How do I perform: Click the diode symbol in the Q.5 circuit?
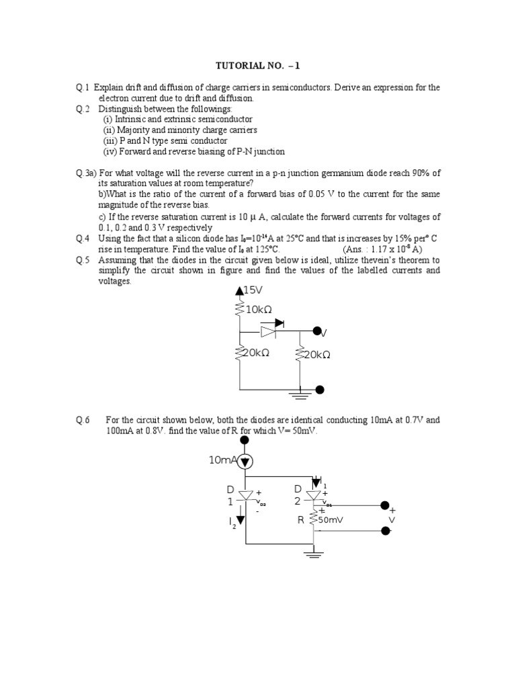point(269,331)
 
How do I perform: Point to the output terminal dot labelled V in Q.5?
point(319,331)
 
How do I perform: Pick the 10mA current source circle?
point(246,460)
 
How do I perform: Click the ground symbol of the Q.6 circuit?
point(314,554)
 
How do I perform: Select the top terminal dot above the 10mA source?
point(246,440)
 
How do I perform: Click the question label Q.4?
point(83,239)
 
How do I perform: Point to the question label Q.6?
point(83,421)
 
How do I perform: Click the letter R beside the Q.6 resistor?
point(300,520)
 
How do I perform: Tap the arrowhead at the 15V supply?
point(239,291)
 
